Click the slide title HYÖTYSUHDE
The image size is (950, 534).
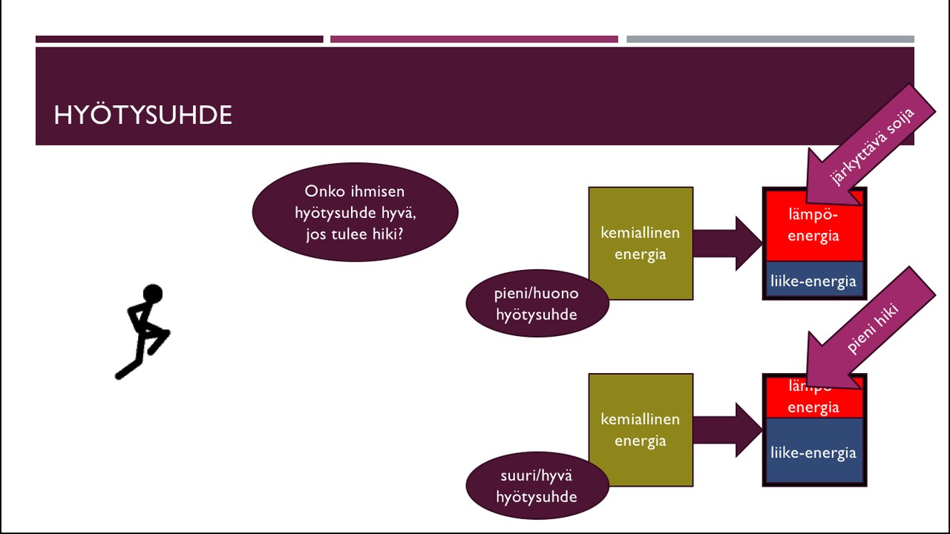142,115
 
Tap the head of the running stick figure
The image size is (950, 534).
152,294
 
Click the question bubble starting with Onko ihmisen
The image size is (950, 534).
355,212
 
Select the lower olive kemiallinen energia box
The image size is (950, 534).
640,400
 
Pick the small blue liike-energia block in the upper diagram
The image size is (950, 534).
813,281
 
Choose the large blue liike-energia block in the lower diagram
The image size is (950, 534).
813,452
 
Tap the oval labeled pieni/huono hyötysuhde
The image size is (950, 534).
537,303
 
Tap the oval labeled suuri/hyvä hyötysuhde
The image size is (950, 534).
537,486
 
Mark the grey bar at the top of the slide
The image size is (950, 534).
770,39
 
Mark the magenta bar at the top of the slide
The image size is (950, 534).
474,39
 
